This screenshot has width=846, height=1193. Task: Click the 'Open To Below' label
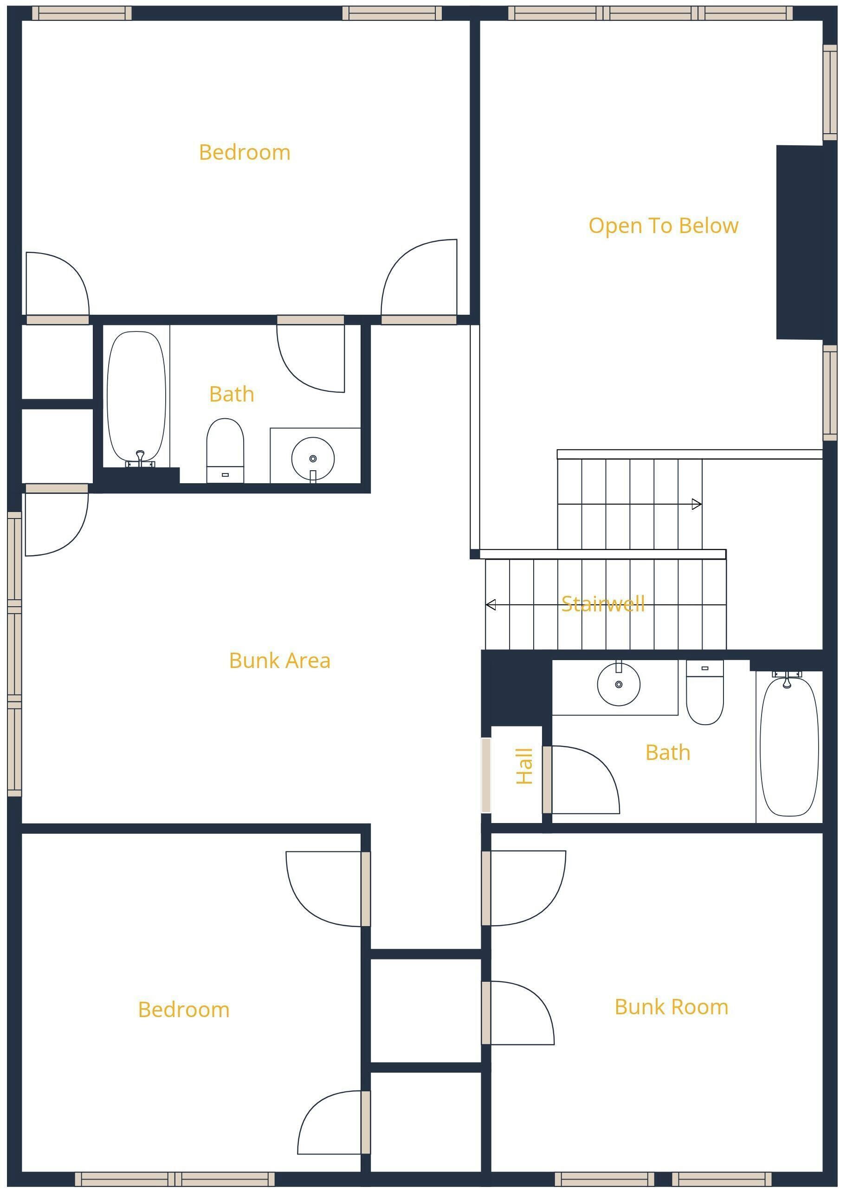click(663, 226)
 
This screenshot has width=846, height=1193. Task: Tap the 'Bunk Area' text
click(280, 661)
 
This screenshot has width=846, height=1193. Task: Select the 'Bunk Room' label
click(672, 1007)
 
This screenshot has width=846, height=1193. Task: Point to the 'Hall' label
click(524, 766)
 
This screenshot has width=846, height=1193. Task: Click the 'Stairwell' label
click(603, 604)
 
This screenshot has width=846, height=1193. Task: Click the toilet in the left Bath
click(225, 451)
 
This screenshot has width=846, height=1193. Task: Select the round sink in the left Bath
click(313, 459)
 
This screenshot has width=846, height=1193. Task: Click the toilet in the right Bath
click(705, 692)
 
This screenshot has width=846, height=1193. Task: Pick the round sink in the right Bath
click(618, 684)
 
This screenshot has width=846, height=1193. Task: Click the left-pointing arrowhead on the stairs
click(491, 605)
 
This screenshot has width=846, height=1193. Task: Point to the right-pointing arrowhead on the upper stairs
click(697, 504)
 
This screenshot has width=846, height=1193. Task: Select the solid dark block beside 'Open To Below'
click(800, 242)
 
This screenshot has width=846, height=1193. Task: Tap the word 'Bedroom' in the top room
click(244, 153)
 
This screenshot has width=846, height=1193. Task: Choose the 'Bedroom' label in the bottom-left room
click(184, 1010)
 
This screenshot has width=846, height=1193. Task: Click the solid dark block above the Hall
click(516, 687)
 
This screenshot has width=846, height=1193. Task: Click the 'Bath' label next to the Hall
click(668, 753)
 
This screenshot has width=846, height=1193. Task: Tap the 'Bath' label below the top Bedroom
click(232, 395)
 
